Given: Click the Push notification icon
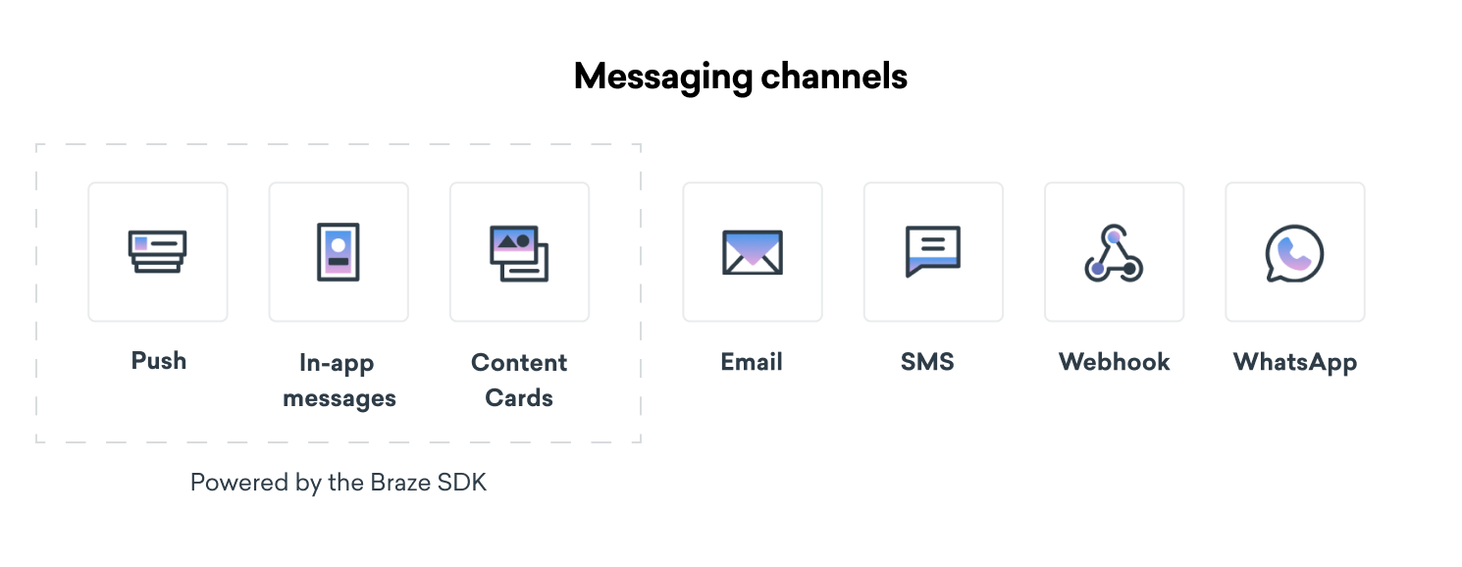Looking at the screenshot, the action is point(157,251).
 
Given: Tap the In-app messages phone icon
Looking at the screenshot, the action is point(339,252).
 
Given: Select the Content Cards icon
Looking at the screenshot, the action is point(519,253).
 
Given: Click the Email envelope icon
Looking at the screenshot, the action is point(752,252).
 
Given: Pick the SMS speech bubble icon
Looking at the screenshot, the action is point(933,251).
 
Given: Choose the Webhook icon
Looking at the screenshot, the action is point(1114,253).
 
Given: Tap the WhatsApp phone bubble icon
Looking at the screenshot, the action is point(1294,253).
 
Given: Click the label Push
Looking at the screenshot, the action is point(159,360).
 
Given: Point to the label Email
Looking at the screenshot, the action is point(752,361).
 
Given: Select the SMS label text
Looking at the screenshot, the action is point(927,361).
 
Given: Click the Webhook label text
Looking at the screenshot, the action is point(1114,361).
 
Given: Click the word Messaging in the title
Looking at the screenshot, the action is point(663,77).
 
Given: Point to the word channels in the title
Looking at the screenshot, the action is point(834,76).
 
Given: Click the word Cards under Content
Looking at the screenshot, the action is point(519,397).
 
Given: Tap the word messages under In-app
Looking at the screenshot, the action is point(339,398).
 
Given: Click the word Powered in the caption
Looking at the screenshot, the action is point(239,483).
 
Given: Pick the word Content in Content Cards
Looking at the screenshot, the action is point(519,362).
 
